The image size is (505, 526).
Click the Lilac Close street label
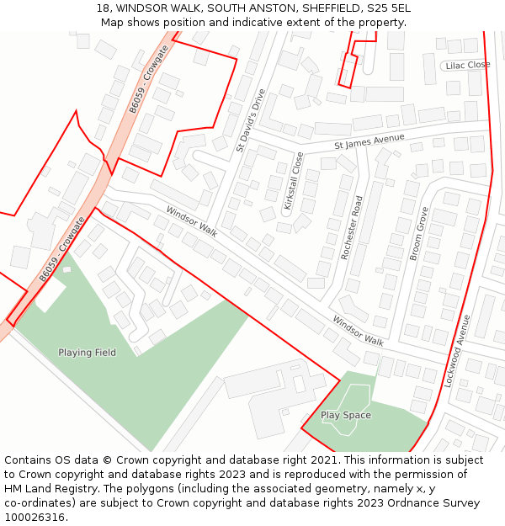tap(468, 65)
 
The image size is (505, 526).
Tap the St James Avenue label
tap(369, 141)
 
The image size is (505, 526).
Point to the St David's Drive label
tap(250, 120)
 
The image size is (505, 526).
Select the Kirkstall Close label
tap(292, 181)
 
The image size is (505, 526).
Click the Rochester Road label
tap(351, 227)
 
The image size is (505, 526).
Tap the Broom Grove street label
tap(418, 233)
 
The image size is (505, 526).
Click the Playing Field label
tap(87, 353)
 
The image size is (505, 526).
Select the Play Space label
tap(345, 415)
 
